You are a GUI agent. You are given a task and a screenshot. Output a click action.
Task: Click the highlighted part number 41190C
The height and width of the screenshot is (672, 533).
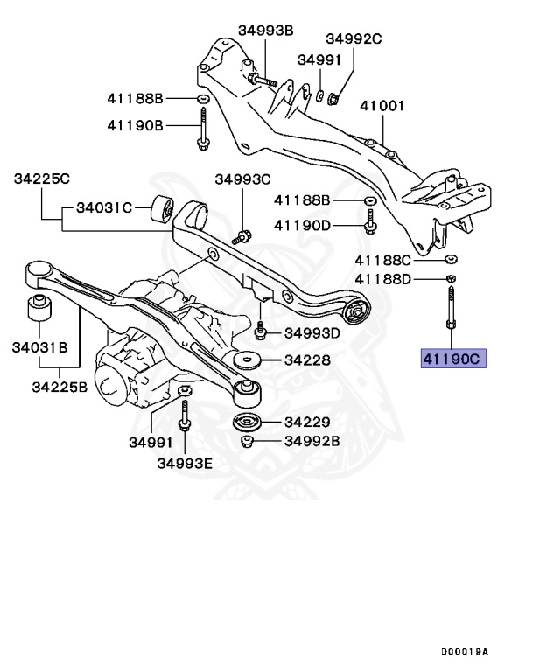click(x=452, y=360)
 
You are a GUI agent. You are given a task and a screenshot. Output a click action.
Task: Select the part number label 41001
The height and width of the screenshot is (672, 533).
click(x=383, y=106)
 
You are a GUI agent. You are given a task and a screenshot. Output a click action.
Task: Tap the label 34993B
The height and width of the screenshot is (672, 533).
click(x=265, y=30)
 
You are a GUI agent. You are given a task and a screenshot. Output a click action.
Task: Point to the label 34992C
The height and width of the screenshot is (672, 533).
click(x=354, y=38)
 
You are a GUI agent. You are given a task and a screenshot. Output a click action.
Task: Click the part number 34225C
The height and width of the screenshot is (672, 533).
click(x=41, y=178)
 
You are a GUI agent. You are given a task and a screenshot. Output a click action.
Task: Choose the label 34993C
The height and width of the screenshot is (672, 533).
click(x=243, y=179)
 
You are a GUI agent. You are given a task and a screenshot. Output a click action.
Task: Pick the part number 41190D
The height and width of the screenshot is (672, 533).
click(x=302, y=225)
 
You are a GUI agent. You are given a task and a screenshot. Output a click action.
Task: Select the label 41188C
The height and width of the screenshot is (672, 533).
click(x=383, y=260)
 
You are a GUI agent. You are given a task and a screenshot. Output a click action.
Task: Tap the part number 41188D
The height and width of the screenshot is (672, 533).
click(x=383, y=279)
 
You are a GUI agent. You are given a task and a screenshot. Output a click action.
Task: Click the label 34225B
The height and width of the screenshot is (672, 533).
click(x=58, y=387)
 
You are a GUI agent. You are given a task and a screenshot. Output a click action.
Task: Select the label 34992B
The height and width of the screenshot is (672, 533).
click(x=312, y=440)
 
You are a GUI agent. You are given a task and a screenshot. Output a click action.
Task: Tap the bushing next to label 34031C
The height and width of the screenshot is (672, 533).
click(x=161, y=209)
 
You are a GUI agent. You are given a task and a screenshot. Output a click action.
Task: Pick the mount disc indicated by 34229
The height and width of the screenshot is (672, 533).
click(x=249, y=423)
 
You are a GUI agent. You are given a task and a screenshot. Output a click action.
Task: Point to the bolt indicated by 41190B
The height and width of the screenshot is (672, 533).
click(x=202, y=129)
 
